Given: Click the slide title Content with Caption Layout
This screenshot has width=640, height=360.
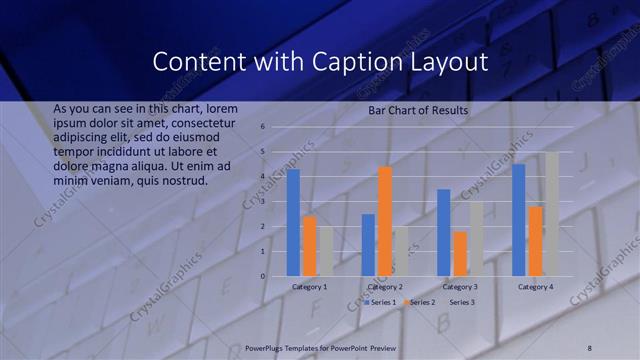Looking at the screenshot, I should [x=320, y=62].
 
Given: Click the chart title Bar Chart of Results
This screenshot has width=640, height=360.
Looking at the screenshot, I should [x=418, y=110].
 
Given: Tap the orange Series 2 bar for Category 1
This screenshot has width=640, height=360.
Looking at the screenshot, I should [x=309, y=246].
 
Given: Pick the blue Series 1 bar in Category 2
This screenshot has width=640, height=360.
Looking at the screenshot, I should [x=368, y=245].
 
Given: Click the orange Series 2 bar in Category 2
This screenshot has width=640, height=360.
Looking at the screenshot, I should [x=385, y=221].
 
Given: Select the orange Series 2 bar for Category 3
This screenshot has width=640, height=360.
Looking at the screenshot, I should [x=460, y=254].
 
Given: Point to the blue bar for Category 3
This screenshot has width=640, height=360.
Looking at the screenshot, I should [x=444, y=233].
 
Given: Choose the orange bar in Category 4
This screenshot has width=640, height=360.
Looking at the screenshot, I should [x=535, y=241].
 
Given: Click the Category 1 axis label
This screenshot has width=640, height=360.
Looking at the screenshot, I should [x=309, y=287].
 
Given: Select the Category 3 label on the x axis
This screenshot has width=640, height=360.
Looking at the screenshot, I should [x=460, y=287].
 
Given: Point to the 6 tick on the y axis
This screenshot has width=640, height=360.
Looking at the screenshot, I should [x=261, y=127].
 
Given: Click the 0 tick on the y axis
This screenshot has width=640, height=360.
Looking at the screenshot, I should [x=261, y=276].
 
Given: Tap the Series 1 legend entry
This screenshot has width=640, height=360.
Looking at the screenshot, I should [x=381, y=301].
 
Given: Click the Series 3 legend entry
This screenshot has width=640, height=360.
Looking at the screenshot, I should [x=462, y=301].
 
